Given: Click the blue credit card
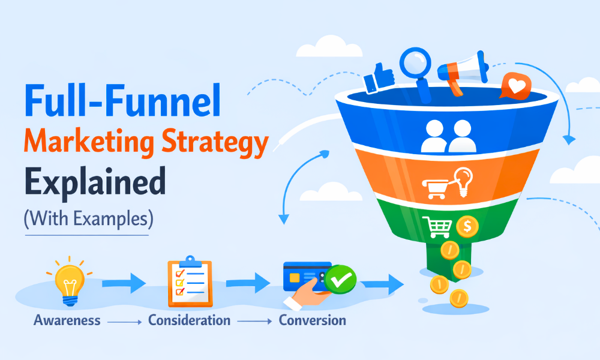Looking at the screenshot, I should tap(306, 275).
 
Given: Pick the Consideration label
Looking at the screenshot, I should tap(190, 320).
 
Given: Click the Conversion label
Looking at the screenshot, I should tap(313, 320).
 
